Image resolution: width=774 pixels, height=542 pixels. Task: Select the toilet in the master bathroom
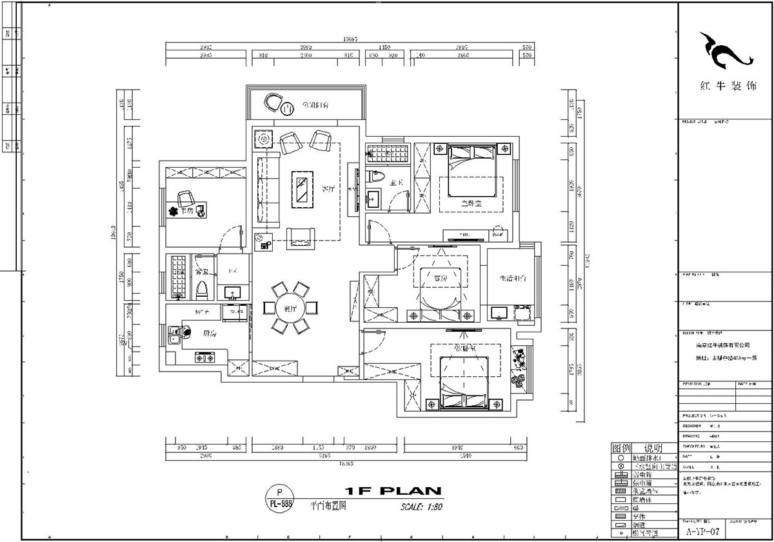pyautogui.click(x=377, y=176)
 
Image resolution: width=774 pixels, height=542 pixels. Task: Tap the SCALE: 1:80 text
pyautogui.click(x=421, y=507)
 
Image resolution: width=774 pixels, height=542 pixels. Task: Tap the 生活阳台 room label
pyautogui.click(x=513, y=279)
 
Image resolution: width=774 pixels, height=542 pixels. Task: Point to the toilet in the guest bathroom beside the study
pyautogui.click(x=200, y=290)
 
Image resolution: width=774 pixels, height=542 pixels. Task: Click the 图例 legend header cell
pyautogui.click(x=620, y=448)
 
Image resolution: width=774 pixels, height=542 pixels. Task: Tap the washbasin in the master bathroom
pyautogui.click(x=374, y=198)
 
